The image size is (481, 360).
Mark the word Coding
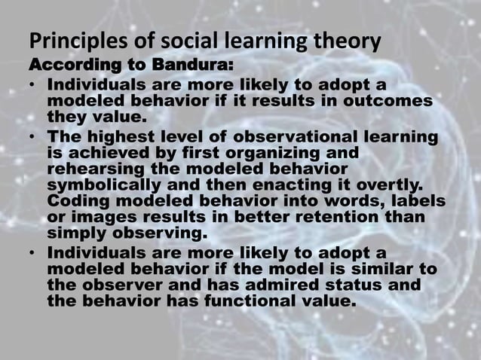pyautogui.click(x=75, y=203)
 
